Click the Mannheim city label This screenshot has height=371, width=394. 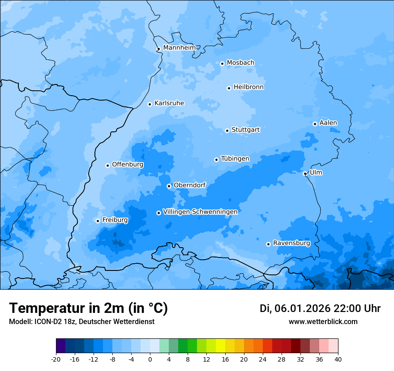pyautogui.click(x=179, y=48)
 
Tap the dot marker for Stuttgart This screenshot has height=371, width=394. pyautogui.click(x=227, y=131)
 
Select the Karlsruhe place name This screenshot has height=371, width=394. pyautogui.click(x=169, y=103)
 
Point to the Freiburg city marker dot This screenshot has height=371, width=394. pyautogui.click(x=98, y=221)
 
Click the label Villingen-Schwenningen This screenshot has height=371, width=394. pyautogui.click(x=200, y=212)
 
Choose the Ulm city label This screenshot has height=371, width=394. pyautogui.click(x=316, y=173)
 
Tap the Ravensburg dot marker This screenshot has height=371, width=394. pyautogui.click(x=268, y=244)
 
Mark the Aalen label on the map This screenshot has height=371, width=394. pyautogui.click(x=328, y=123)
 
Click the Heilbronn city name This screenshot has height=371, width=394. pyautogui.click(x=248, y=87)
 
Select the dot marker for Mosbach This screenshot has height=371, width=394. pyautogui.click(x=222, y=63)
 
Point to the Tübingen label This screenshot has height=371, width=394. pyautogui.click(x=235, y=159)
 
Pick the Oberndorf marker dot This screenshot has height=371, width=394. pyautogui.click(x=169, y=186)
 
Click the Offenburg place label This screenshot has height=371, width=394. pyautogui.click(x=128, y=164)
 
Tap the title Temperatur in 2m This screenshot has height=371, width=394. pyautogui.click(x=89, y=308)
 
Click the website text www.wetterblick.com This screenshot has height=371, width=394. pyautogui.click(x=323, y=321)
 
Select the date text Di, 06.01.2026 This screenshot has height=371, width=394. pyautogui.click(x=295, y=308)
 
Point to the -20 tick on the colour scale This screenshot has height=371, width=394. pyautogui.click(x=56, y=359)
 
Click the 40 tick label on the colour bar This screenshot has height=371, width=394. pyautogui.click(x=338, y=359)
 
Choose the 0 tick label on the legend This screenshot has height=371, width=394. pyautogui.click(x=150, y=359)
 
